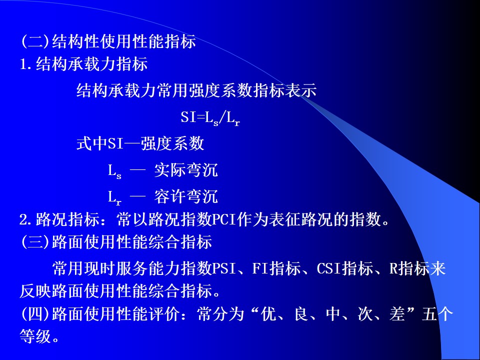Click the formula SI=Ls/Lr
pyautogui.click(x=210, y=118)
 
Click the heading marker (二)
pyautogui.click(x=35, y=41)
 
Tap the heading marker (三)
pyautogui.click(x=35, y=242)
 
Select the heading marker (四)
pyautogui.click(x=35, y=314)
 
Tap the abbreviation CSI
pyautogui.click(x=329, y=268)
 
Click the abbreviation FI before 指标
pyautogui.click(x=260, y=268)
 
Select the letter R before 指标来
pyautogui.click(x=393, y=268)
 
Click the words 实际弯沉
pyautogui.click(x=186, y=170)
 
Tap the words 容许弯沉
pyautogui.click(x=186, y=196)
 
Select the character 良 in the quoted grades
pyautogui.click(x=301, y=314)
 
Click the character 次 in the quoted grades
pyautogui.click(x=365, y=314)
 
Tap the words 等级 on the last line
pyautogui.click(x=35, y=336)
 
